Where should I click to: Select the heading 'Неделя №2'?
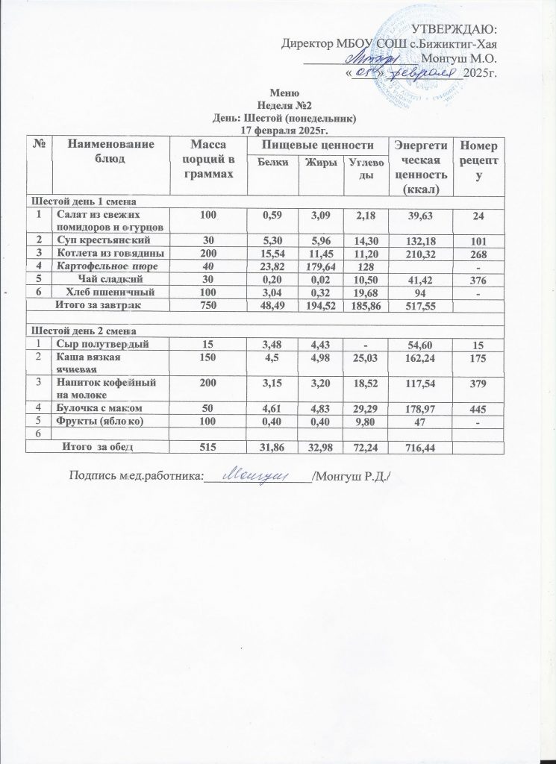click(278, 105)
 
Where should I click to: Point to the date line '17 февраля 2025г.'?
click(278, 130)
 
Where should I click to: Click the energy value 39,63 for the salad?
click(418, 216)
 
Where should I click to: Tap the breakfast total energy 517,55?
click(418, 305)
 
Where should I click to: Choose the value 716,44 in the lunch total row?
click(418, 446)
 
